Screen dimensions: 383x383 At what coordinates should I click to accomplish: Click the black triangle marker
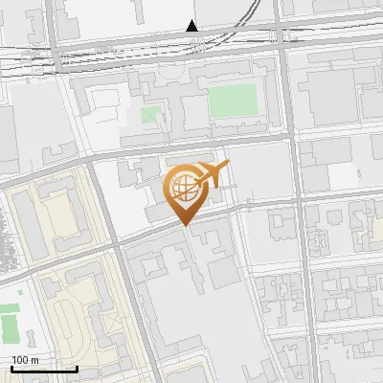pos(192,26)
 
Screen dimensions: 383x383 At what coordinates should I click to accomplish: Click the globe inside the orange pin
pos(186,189)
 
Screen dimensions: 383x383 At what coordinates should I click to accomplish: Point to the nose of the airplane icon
pos(227,167)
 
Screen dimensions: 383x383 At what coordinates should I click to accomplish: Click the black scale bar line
pos(44,369)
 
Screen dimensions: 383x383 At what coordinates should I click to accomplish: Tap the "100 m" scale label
pos(26,359)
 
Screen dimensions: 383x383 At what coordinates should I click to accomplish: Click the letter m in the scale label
pos(35,359)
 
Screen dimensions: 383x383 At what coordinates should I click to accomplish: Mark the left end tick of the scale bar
pos(11,367)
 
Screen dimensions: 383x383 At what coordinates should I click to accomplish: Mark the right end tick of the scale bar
pos(77,367)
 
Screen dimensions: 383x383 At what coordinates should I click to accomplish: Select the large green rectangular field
pos(234,100)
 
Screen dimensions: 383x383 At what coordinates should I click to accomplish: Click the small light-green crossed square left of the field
pos(149,116)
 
